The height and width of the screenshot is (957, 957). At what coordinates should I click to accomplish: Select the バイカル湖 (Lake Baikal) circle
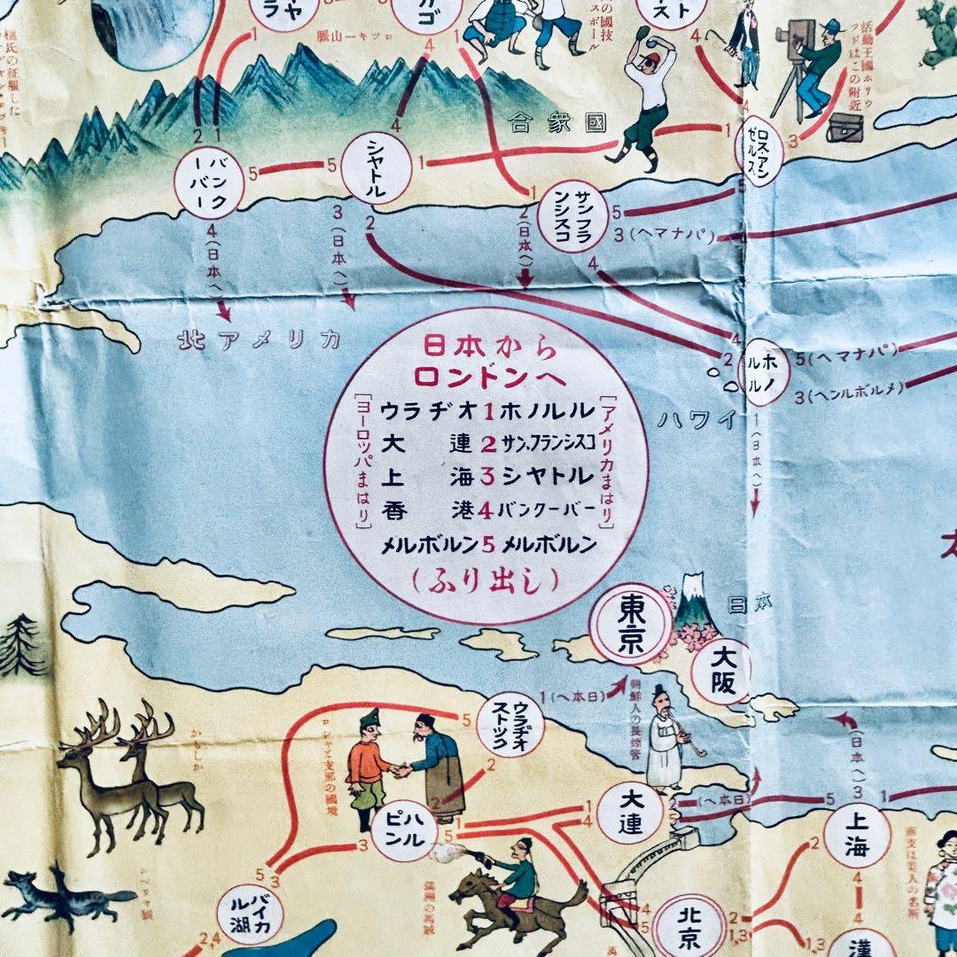click(x=251, y=915)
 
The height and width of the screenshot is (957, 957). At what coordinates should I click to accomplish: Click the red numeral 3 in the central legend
click(x=486, y=476)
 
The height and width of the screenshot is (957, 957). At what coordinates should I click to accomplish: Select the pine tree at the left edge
click(x=19, y=645)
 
